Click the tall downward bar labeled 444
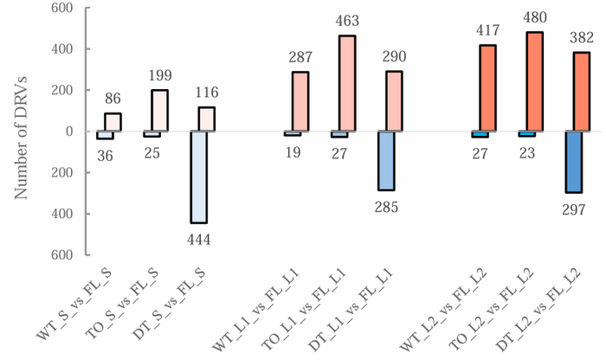point(199,177)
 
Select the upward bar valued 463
point(347,84)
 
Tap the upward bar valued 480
point(535,82)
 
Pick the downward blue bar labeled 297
point(574,162)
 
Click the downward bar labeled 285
point(386,160)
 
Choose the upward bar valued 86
point(113,122)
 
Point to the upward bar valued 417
point(488,88)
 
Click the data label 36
point(105,156)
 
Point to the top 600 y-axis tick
point(61,9)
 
